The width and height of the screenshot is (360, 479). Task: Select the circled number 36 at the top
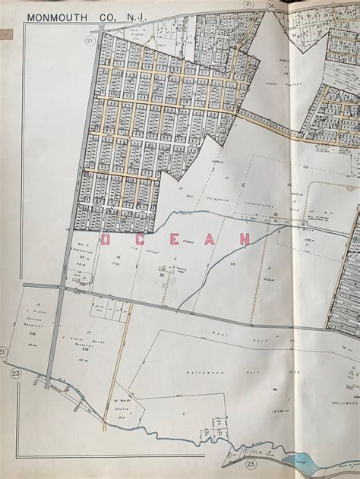[272, 5]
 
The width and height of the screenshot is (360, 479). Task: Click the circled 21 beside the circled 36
[248, 5]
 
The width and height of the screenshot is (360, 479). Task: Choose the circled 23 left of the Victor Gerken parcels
[16, 373]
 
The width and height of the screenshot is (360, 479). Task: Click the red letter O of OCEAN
[108, 240]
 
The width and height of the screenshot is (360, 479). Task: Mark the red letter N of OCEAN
[245, 238]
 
